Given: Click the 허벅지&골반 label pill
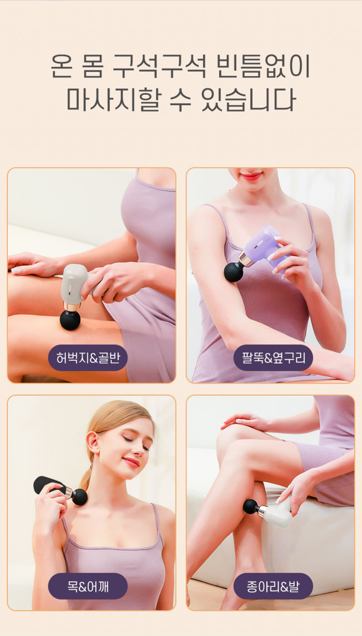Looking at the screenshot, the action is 88,358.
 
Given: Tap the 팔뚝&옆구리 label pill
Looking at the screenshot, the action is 273,358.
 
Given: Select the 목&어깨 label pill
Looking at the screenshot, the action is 88,586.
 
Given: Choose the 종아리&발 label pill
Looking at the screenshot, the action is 273,586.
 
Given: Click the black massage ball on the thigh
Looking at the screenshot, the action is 70,320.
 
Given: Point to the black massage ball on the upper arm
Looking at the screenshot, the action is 234,272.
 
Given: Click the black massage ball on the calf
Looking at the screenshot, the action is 250,506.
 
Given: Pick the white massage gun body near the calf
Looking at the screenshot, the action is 279,514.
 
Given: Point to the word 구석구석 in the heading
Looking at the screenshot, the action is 159,67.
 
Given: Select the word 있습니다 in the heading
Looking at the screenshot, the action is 249,100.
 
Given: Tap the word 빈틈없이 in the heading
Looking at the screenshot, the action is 263,67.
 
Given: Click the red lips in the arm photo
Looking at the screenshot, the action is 251,176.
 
